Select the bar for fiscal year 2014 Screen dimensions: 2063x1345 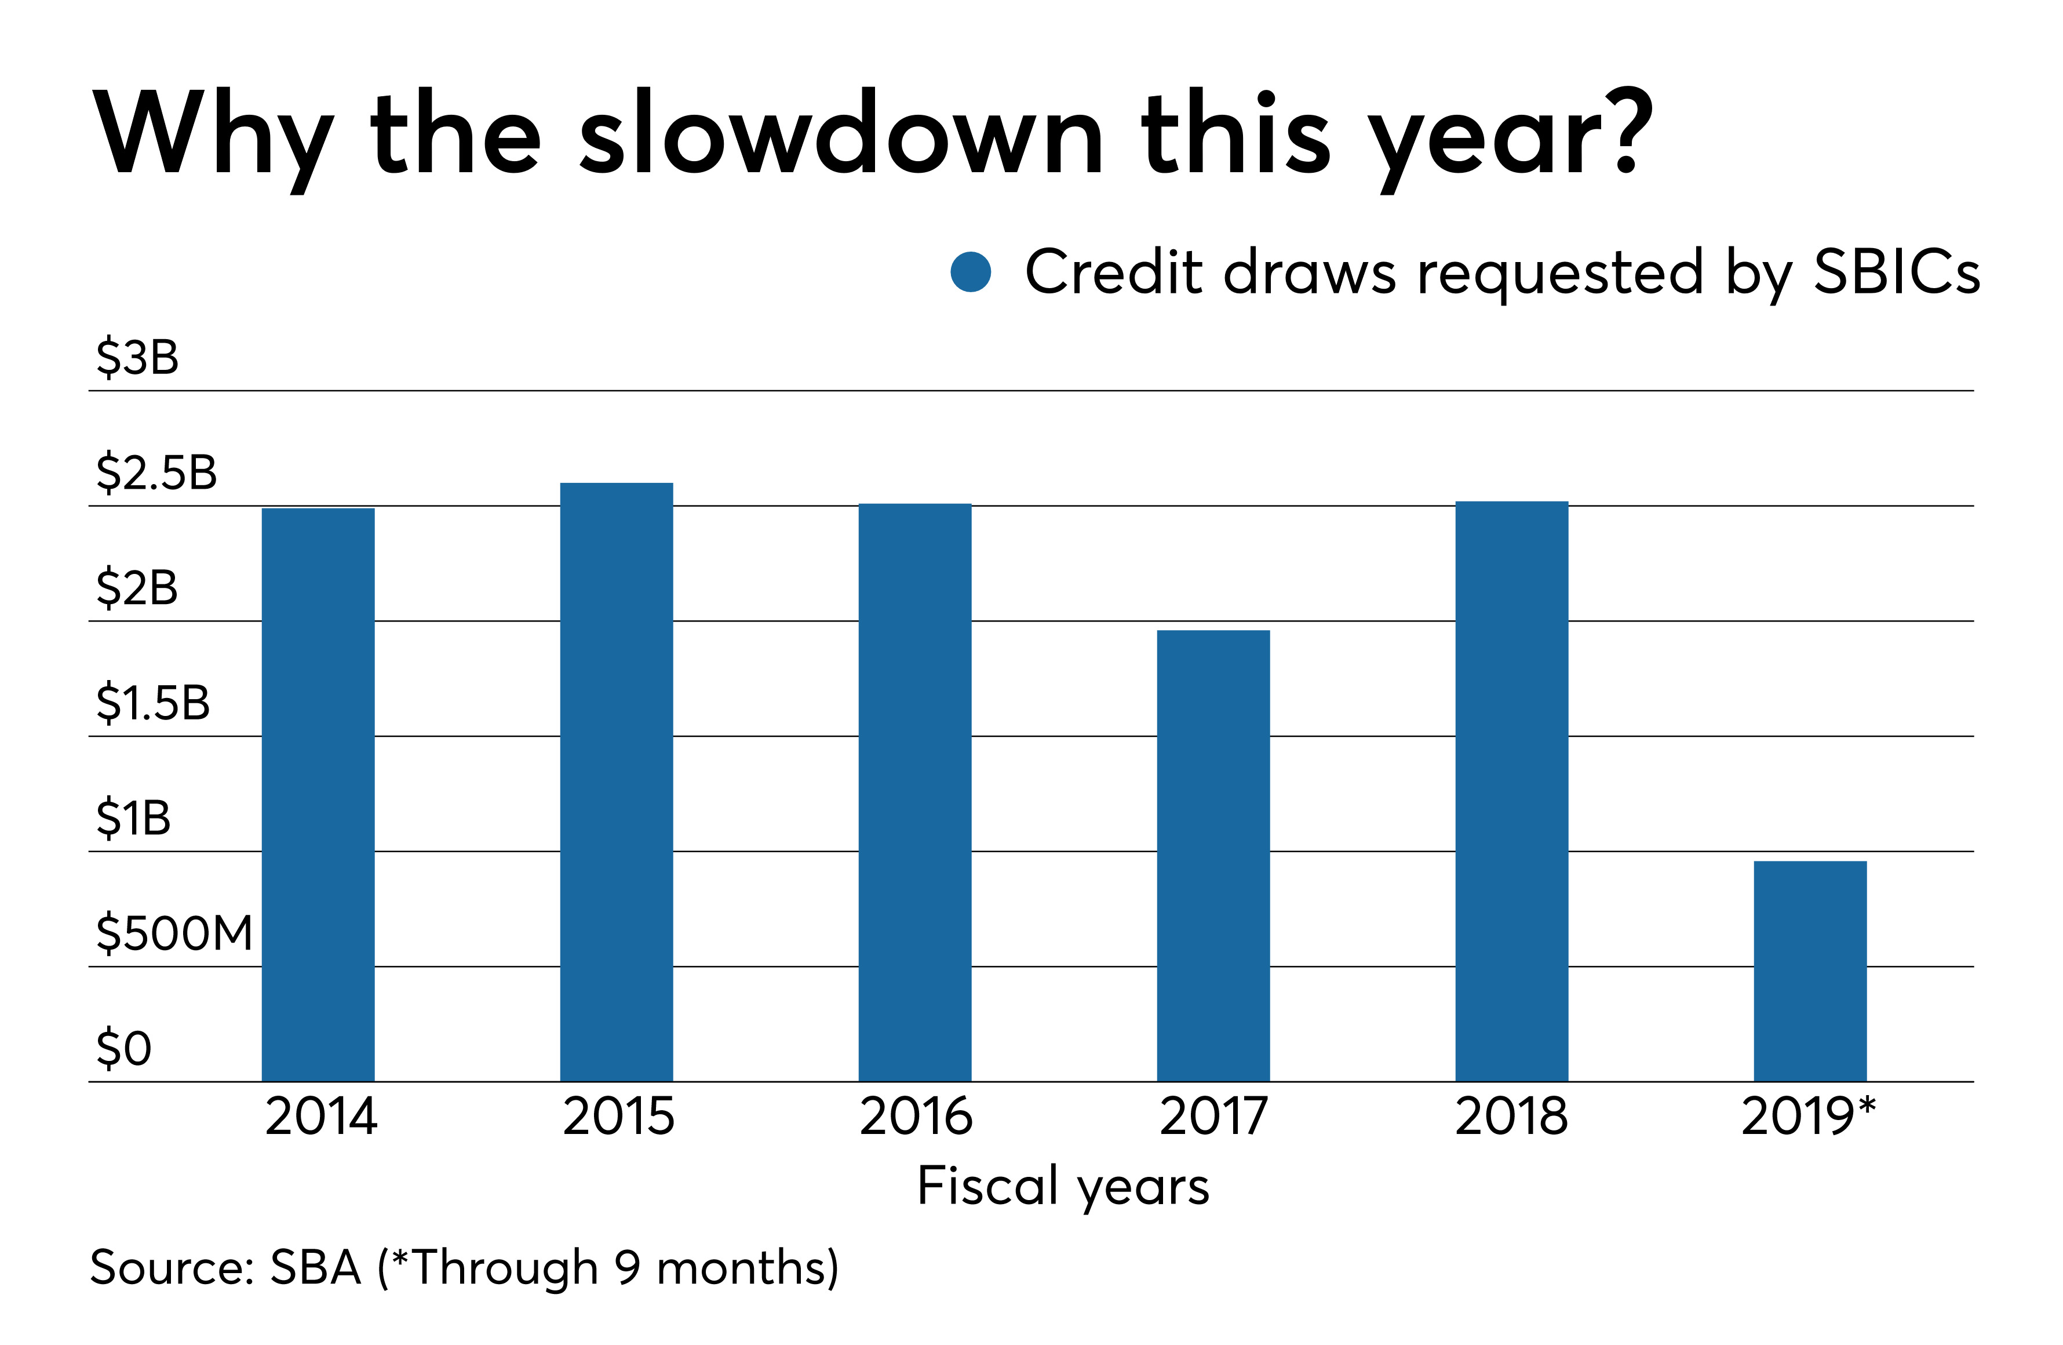[318, 794]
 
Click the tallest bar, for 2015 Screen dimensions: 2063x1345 [617, 782]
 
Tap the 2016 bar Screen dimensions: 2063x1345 [914, 793]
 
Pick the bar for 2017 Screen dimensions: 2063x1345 [1213, 856]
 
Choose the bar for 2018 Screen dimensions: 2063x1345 [1512, 791]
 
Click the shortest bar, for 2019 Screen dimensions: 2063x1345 [1810, 971]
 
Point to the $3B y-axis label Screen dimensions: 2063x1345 [137, 357]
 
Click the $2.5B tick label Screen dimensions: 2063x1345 [156, 472]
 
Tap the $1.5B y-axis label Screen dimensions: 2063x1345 [152, 703]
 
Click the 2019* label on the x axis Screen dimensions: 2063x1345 [1808, 1115]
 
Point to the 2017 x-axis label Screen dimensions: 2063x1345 [1213, 1115]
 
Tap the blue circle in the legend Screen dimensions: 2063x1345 [971, 272]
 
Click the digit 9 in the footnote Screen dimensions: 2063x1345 [628, 1268]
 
